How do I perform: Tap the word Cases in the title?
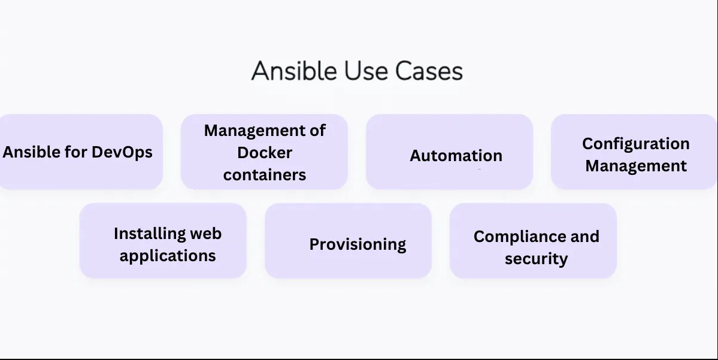(429, 71)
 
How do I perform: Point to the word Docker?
(265, 152)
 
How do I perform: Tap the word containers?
(265, 174)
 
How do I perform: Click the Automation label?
(456, 155)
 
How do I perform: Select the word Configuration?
(636, 144)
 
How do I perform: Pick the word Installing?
(141, 233)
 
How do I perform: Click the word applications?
(168, 255)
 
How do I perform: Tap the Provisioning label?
(358, 244)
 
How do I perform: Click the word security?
(536, 259)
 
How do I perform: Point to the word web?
(205, 233)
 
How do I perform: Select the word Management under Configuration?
(636, 166)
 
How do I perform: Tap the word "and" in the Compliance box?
(585, 237)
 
